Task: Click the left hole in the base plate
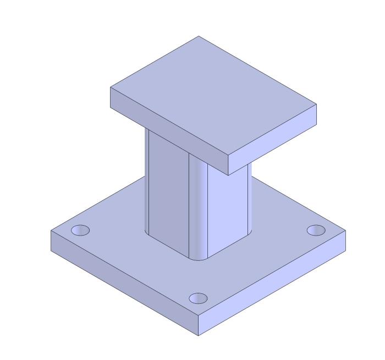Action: tap(80, 230)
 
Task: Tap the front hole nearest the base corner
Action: tap(198, 298)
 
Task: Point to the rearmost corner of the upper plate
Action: tap(199, 36)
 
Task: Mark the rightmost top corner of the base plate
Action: tap(346, 232)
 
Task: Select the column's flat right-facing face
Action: tap(228, 209)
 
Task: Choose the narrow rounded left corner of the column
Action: tap(147, 182)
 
